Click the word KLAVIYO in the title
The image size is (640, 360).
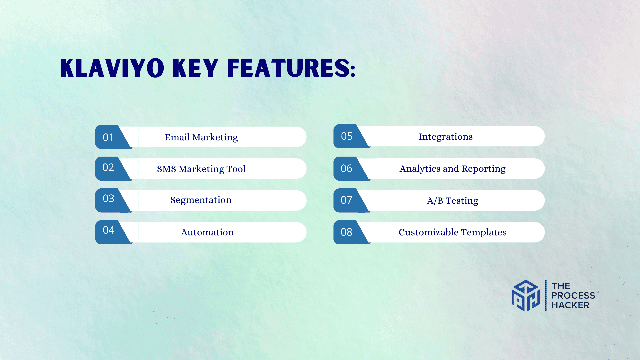[112, 68]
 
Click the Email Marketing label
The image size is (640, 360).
[201, 137]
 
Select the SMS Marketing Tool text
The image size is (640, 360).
[201, 169]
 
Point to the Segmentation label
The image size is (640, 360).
[201, 200]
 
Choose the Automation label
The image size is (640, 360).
[207, 232]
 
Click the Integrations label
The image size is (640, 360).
[446, 137]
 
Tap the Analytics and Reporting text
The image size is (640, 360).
[453, 169]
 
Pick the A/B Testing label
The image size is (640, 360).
[453, 201]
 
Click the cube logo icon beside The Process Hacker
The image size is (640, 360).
[526, 296]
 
